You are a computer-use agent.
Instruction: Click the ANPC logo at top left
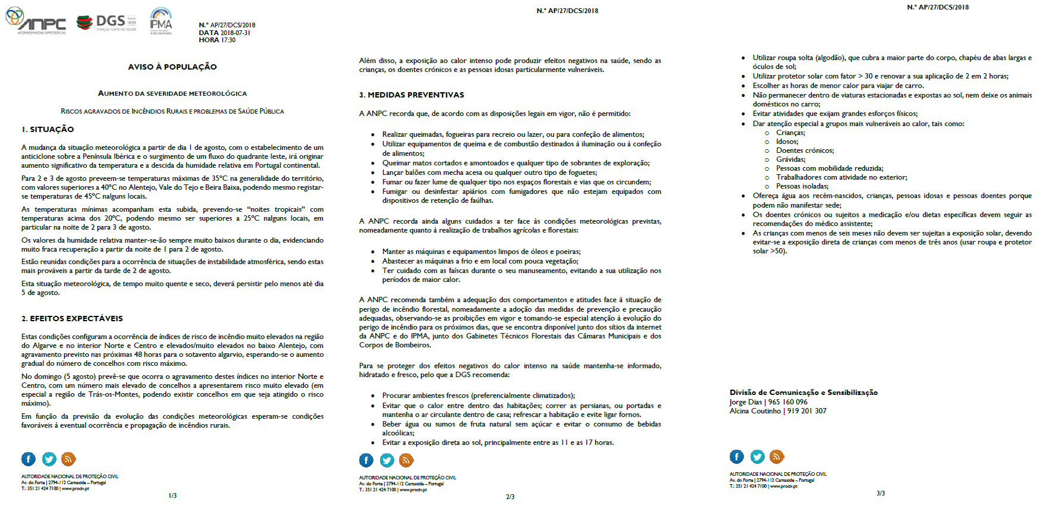coord(36,21)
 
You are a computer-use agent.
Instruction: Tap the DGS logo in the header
coord(106,23)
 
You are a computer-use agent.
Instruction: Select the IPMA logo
coord(161,21)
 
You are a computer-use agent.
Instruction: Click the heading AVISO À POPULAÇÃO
coord(172,67)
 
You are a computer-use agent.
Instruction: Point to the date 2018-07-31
coord(236,33)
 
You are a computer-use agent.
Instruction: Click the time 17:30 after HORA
coord(228,40)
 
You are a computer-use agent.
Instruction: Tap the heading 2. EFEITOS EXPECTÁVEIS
coord(72,318)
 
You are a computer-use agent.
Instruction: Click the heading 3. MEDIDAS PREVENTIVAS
coord(412,95)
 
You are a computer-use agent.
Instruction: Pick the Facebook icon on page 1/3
coord(29,459)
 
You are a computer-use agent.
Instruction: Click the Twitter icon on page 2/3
coord(387,460)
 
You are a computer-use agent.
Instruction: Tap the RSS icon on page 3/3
coord(777,457)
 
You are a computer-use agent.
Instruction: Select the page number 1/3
coord(172,495)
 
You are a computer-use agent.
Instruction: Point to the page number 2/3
coord(510,497)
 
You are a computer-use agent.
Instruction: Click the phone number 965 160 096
coord(788,402)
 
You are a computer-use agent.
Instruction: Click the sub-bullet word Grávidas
coord(790,159)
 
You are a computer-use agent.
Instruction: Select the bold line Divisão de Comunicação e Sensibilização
coord(803,393)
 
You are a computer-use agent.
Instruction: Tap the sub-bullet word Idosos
coord(787,142)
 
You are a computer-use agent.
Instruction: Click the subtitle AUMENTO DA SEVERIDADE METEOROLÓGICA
coord(172,93)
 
